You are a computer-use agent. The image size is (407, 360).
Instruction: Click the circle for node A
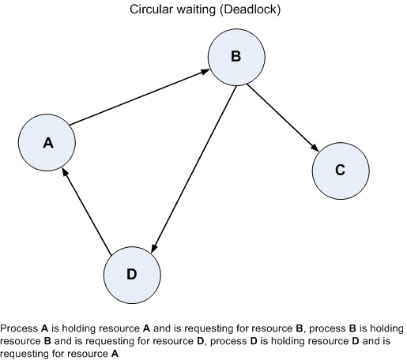point(47,142)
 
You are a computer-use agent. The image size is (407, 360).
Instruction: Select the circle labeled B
point(235,56)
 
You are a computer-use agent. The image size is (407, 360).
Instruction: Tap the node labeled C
point(340,170)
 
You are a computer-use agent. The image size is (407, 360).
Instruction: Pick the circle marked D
point(131,274)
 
